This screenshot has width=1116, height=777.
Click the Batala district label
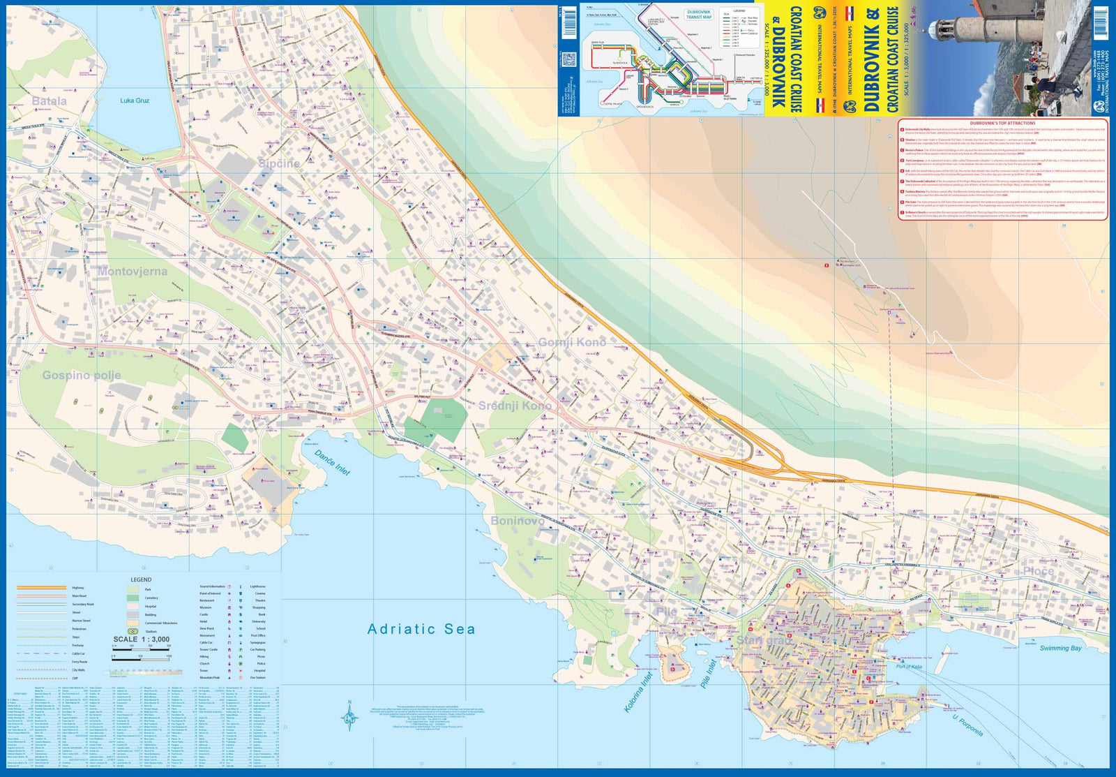tap(50, 101)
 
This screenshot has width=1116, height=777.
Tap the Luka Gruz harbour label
tap(135, 101)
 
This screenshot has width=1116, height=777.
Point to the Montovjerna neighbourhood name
tap(133, 272)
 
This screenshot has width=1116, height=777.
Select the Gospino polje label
tap(82, 376)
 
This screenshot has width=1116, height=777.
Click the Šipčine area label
tap(279, 163)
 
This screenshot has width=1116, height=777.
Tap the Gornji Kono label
tap(572, 342)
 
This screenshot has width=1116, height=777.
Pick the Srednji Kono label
tap(515, 406)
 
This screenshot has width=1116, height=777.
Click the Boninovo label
tap(518, 521)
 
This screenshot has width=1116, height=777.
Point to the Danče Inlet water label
tap(332, 463)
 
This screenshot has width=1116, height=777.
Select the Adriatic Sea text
tap(421, 629)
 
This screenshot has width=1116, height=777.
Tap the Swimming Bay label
tap(1060, 648)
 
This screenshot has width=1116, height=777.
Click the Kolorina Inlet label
tap(638, 691)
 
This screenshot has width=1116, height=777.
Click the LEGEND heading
tap(141, 579)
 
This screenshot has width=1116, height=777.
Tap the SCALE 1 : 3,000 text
tap(142, 639)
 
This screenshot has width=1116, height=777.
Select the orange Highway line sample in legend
tap(41, 588)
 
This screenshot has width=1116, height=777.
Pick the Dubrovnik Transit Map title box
tap(699, 14)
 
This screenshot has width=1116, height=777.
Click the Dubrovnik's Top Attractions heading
tap(1002, 123)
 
